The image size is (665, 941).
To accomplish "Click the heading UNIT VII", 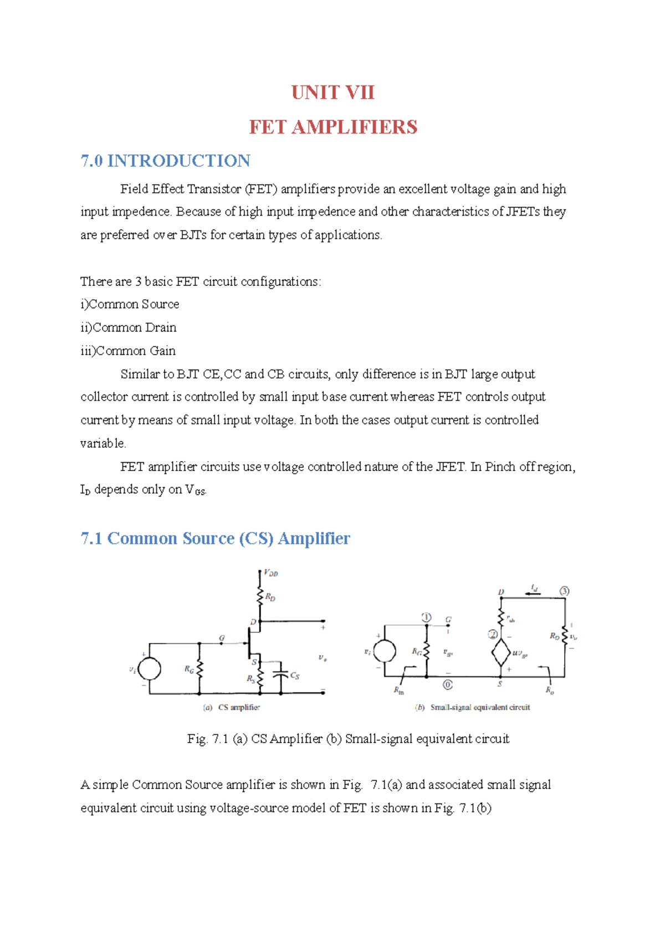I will pyautogui.click(x=332, y=93).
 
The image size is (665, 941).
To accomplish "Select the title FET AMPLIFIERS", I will pyautogui.click(x=332, y=127).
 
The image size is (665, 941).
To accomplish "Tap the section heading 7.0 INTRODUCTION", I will pyautogui.click(x=165, y=161).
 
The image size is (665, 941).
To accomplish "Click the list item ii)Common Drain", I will pyautogui.click(x=128, y=328).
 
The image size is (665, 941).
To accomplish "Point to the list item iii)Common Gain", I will pyautogui.click(x=128, y=351).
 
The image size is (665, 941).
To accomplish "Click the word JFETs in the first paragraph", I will pyautogui.click(x=523, y=212).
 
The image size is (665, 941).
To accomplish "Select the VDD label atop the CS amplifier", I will pyautogui.click(x=270, y=573).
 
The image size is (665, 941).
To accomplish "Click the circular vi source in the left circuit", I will pyautogui.click(x=149, y=668).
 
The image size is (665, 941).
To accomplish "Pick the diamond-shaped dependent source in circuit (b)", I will pyautogui.click(x=501, y=652).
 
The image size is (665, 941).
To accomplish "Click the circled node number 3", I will pyautogui.click(x=564, y=591).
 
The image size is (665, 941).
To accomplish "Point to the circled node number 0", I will pyautogui.click(x=447, y=685).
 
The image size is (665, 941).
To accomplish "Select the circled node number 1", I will pyautogui.click(x=426, y=617).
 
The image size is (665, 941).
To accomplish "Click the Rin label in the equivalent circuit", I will pyautogui.click(x=399, y=691).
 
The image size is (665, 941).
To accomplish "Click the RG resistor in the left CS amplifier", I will pyautogui.click(x=199, y=669).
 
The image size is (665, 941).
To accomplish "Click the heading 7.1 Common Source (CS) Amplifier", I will pyautogui.click(x=215, y=539).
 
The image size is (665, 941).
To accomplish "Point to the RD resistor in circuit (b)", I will pyautogui.click(x=564, y=636).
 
